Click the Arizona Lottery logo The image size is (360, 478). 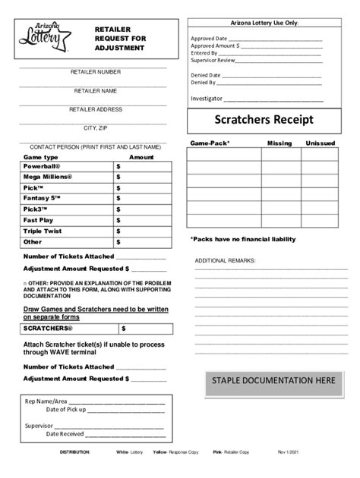pyautogui.click(x=44, y=38)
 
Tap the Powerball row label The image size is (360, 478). pyautogui.click(x=46, y=165)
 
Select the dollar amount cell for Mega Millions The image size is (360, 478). pyautogui.click(x=141, y=177)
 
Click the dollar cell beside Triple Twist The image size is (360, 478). pyautogui.click(x=141, y=231)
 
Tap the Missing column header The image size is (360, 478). pyautogui.click(x=279, y=143)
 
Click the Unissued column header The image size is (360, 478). pyautogui.click(x=321, y=143)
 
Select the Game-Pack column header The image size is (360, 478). pyautogui.click(x=210, y=143)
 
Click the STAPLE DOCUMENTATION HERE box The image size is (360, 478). pyautogui.click(x=273, y=380)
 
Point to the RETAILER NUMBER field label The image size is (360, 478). pyautogui.click(x=95, y=72)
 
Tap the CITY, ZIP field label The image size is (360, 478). pyautogui.click(x=95, y=128)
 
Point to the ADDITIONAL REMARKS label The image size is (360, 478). pyautogui.click(x=226, y=260)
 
